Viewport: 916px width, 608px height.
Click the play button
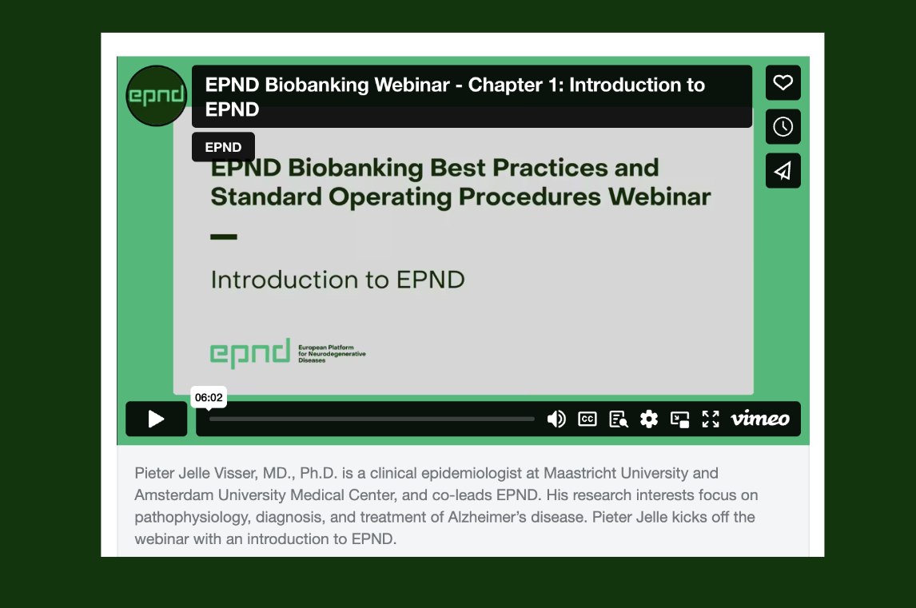(156, 419)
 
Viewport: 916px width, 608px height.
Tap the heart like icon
(783, 82)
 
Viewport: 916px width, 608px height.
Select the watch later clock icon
(783, 126)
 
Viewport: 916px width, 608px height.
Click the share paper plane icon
(783, 170)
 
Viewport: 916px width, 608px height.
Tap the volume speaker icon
(556, 419)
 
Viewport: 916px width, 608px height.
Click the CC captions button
(587, 419)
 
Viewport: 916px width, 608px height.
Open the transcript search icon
(618, 419)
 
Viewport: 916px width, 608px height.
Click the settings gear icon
(649, 419)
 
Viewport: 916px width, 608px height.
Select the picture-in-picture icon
(679, 419)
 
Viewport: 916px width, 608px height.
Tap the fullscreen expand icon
(711, 419)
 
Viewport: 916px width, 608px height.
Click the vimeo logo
(759, 419)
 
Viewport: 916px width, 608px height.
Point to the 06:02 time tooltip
(209, 397)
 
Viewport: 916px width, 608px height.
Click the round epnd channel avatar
(156, 96)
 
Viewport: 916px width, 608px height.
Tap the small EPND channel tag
(223, 147)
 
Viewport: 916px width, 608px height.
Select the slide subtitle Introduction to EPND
(337, 280)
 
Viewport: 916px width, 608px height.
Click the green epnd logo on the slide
(250, 353)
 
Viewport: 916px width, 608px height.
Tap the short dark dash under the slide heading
(224, 236)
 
